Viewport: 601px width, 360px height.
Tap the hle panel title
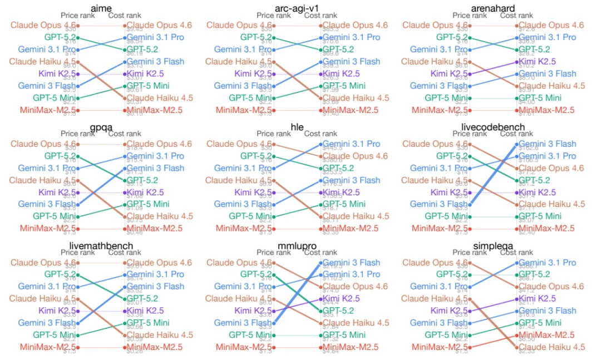tap(297, 127)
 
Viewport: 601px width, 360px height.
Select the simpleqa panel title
tap(493, 245)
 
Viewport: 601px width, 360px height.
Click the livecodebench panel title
tap(493, 127)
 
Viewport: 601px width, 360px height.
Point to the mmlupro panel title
tap(297, 245)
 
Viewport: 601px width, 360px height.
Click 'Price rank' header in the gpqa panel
tap(77, 134)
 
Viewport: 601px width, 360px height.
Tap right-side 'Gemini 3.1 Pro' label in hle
tap(352, 144)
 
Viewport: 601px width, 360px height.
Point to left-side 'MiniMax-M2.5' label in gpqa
tap(47, 228)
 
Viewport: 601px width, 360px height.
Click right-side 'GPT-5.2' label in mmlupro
tap(338, 311)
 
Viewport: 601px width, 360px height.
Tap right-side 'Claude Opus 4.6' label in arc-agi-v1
tap(356, 25)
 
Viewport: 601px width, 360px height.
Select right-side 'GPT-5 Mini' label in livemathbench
tap(149, 323)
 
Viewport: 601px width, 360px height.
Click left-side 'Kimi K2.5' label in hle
tap(254, 193)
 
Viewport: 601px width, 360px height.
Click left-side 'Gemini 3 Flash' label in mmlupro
tap(243, 323)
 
